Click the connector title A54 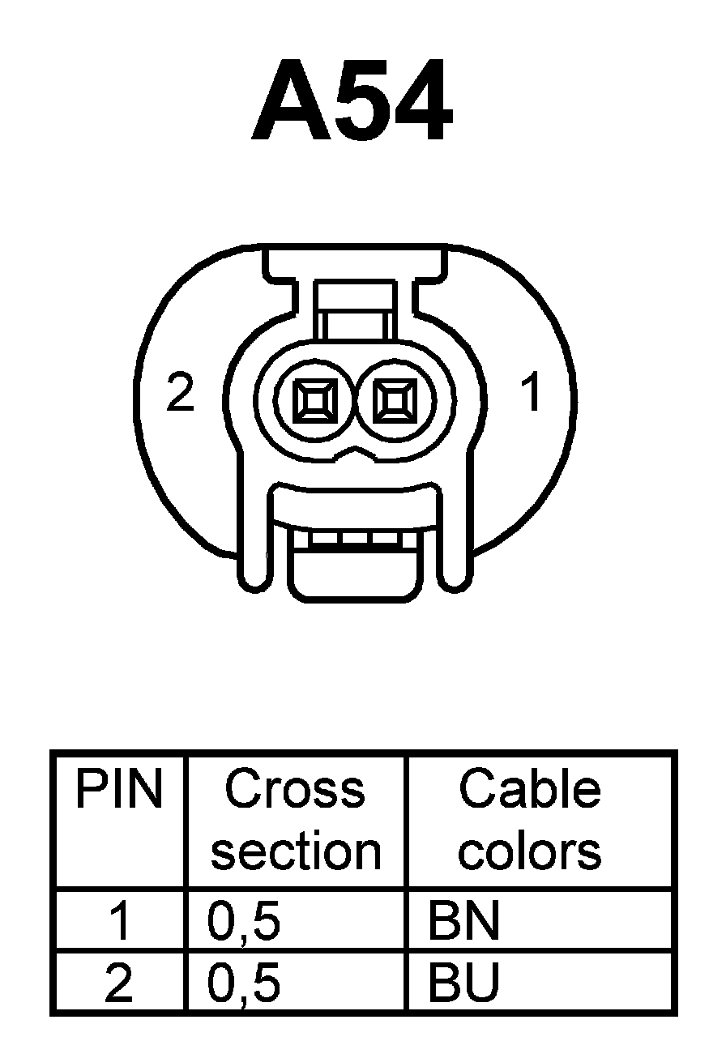tap(352, 100)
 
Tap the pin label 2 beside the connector tap(180, 393)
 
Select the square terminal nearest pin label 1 tap(395, 399)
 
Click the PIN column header tap(118, 790)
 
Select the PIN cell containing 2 tap(119, 983)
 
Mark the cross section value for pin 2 tap(244, 983)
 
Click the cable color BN tap(463, 922)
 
